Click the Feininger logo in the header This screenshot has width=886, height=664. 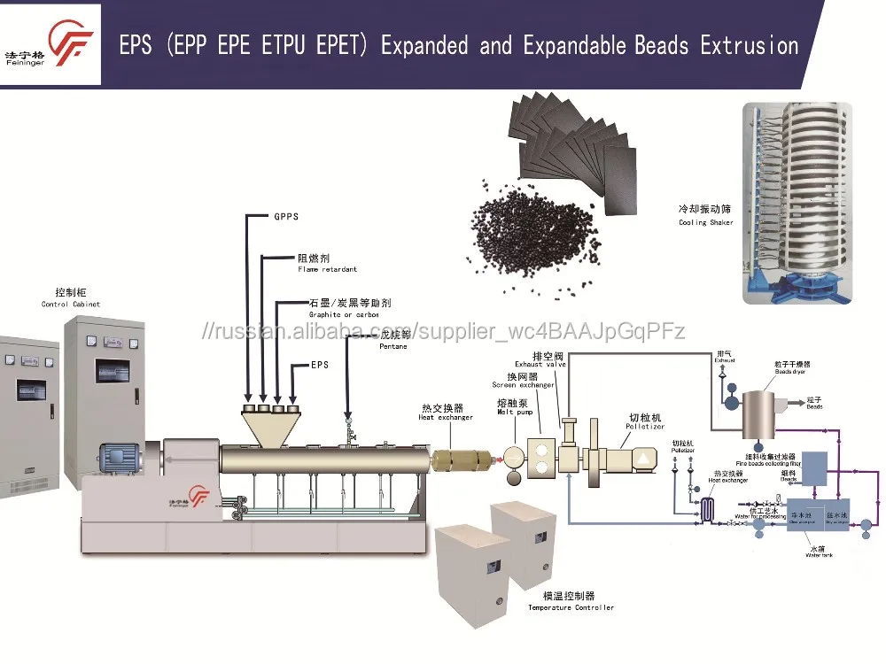pos(51,44)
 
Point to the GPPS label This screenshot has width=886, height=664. pos(285,216)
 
